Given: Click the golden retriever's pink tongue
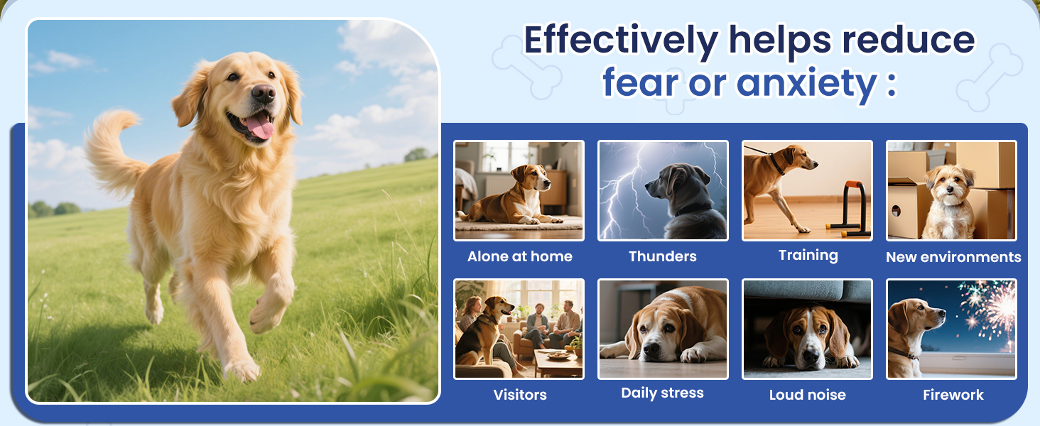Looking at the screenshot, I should [260, 126].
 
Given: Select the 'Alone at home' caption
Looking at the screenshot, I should [519, 257].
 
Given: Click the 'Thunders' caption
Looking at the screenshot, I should [662, 257].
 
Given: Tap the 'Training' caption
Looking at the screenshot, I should [808, 256].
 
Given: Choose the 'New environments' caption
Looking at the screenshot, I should [953, 257].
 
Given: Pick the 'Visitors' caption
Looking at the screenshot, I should [519, 395].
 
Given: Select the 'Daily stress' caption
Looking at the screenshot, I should [662, 393].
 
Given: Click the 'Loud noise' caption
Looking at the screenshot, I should [807, 395].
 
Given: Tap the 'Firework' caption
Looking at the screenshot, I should [953, 395].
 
